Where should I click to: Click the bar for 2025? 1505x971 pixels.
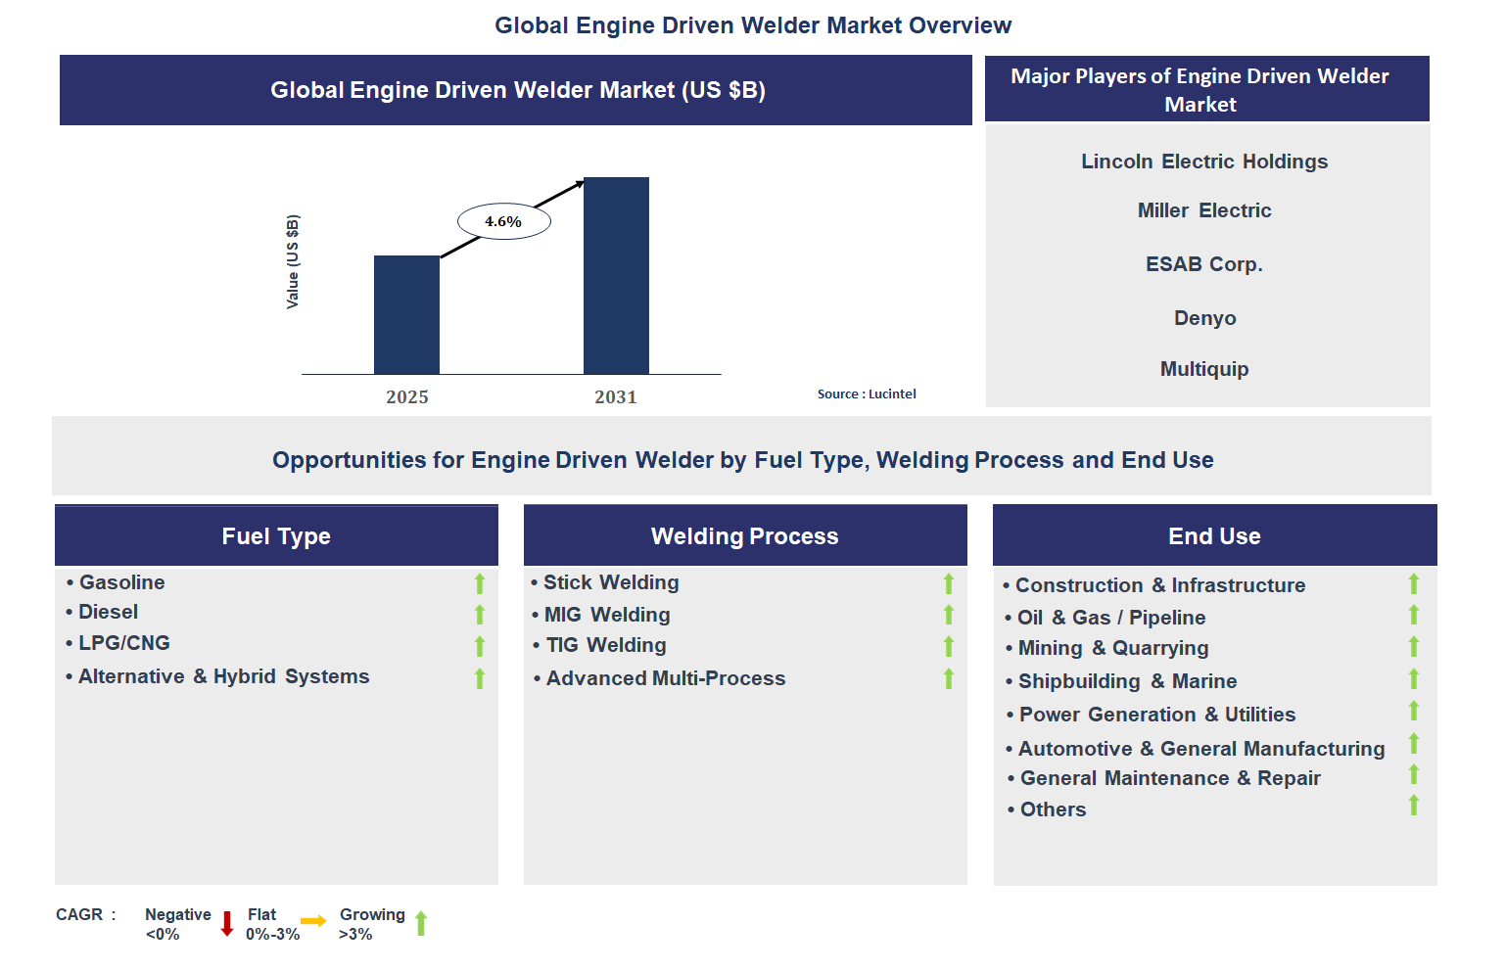click(x=406, y=315)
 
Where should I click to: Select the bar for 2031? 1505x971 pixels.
click(x=616, y=276)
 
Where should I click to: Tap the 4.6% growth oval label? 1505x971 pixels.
click(x=503, y=222)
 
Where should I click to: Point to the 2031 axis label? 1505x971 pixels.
click(x=615, y=397)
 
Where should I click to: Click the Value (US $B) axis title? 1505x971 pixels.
click(x=293, y=261)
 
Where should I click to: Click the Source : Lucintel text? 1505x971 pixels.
click(x=867, y=394)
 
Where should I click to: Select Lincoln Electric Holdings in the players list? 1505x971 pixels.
click(x=1203, y=162)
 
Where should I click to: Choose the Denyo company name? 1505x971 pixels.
click(x=1204, y=318)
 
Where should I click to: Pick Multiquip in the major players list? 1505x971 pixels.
click(x=1203, y=369)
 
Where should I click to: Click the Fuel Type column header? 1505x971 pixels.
click(x=276, y=536)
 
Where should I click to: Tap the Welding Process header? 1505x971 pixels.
click(x=744, y=536)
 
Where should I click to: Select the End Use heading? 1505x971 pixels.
click(x=1214, y=536)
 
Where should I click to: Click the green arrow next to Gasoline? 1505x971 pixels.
click(x=480, y=583)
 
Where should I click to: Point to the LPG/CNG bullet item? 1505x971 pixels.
click(x=124, y=643)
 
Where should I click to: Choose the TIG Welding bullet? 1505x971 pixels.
click(x=605, y=645)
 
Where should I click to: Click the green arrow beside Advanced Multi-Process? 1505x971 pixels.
click(x=948, y=678)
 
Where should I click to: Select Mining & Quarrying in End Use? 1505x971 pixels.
click(x=1112, y=648)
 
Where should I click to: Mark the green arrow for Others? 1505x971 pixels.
click(x=1413, y=806)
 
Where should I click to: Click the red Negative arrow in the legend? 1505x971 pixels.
click(x=227, y=924)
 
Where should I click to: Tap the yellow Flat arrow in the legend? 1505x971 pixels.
click(x=313, y=921)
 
